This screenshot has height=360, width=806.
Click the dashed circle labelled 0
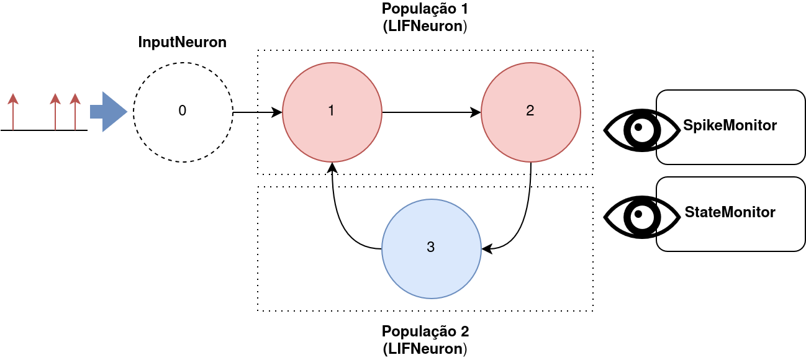click(x=183, y=112)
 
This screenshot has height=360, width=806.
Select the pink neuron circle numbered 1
click(x=332, y=112)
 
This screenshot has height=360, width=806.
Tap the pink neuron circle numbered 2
click(x=531, y=112)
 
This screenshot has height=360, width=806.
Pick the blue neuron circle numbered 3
click(x=432, y=248)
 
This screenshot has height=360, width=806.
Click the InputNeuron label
click(x=182, y=42)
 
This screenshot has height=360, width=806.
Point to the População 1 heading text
click(x=425, y=9)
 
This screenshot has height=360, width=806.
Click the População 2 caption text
click(x=425, y=330)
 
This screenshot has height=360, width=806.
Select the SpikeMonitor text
click(x=730, y=125)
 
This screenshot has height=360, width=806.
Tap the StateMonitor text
click(x=730, y=212)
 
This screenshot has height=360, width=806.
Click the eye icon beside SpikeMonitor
click(x=641, y=130)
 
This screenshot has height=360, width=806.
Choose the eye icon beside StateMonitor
click(x=641, y=217)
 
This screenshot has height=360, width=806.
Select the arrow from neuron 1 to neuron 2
click(x=432, y=112)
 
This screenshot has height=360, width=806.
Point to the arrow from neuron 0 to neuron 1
click(x=258, y=112)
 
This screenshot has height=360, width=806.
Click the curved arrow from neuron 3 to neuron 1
click(x=338, y=223)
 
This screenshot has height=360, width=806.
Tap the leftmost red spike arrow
click(x=13, y=112)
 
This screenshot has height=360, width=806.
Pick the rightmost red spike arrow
click(x=75, y=112)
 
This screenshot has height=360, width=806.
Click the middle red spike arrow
click(x=55, y=112)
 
